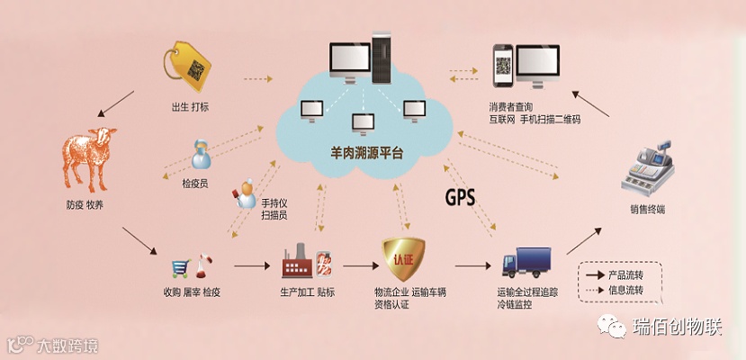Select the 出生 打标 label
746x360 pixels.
coord(190,107)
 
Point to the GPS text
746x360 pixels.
coord(460,196)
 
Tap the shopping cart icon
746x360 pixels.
coord(181,267)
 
